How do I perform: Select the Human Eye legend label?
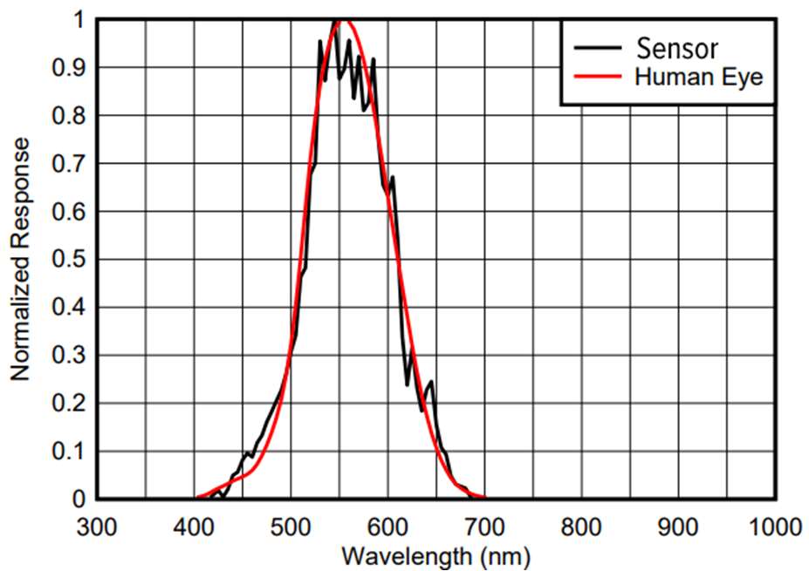tap(699, 77)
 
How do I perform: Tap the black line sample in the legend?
tap(597, 46)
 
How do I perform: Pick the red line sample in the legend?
tap(597, 77)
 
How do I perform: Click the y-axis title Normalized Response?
tap(20, 259)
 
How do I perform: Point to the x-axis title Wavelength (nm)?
tap(435, 555)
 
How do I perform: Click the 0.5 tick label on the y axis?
tap(72, 259)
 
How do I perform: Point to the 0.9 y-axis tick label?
tap(72, 67)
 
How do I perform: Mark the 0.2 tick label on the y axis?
tap(72, 404)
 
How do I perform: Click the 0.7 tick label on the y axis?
tap(72, 163)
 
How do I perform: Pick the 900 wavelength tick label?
tap(678, 527)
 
